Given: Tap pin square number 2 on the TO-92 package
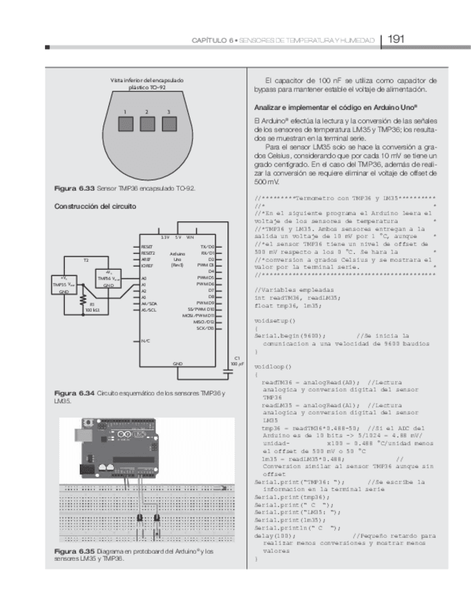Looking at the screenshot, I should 147,124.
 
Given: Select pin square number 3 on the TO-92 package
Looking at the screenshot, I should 170,124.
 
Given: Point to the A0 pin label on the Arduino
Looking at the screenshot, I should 144,279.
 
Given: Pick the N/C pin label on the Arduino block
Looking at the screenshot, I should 145,341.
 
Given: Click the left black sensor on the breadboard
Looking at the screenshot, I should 140,519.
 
